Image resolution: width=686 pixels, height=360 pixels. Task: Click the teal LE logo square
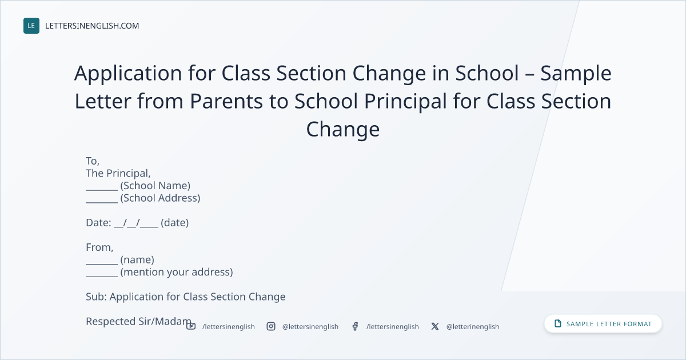coord(31,26)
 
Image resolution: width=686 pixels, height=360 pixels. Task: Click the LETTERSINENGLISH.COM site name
coord(92,26)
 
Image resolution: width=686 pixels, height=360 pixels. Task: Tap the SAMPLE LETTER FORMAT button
coord(603,324)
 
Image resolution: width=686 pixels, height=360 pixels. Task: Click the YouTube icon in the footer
coord(191,326)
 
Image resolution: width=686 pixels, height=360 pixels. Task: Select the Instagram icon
coord(271,326)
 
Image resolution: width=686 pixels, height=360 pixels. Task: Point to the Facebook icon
coord(355,326)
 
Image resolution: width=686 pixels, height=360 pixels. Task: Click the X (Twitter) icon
coord(435,326)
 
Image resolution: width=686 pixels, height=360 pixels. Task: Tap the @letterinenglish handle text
coord(473,327)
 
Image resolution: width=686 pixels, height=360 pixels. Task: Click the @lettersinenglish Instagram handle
coord(310,327)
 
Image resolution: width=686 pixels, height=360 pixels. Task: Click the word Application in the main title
coord(128,74)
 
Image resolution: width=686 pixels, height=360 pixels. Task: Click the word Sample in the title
coord(576,74)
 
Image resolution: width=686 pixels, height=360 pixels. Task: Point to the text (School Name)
coord(155,186)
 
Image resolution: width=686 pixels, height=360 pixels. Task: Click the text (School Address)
coord(160,198)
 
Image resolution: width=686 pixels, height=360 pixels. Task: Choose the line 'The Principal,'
coord(118,173)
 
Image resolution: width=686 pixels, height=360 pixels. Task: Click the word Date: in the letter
coord(98,222)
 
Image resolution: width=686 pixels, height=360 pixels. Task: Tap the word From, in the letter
coord(99,247)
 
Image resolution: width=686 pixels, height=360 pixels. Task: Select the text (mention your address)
coord(177,272)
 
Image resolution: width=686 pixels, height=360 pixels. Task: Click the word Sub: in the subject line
coord(96,297)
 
